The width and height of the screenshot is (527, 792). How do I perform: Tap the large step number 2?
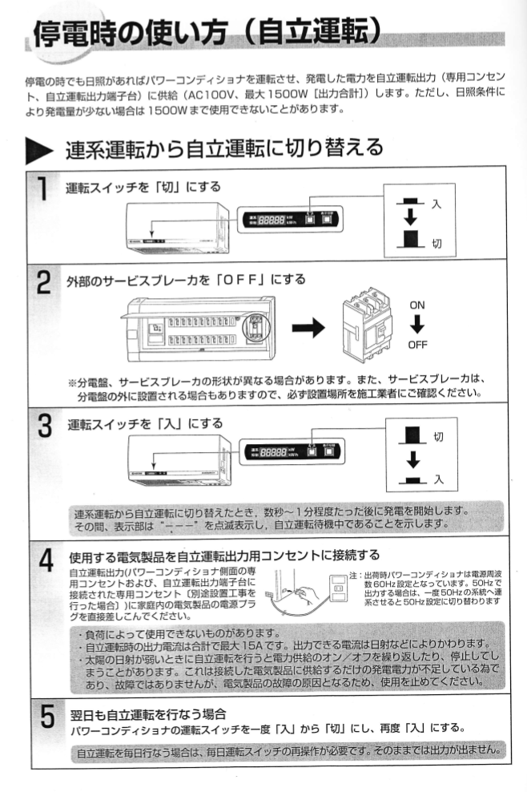point(44,282)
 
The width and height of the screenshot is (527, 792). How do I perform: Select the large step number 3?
point(45,426)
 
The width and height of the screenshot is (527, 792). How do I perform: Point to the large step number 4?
point(46,560)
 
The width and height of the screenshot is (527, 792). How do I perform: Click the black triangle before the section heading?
point(39,152)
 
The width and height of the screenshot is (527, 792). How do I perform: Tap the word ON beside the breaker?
point(417,305)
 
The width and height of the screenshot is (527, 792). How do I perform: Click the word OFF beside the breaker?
point(417,345)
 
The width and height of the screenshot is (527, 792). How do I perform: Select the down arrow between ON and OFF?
point(417,325)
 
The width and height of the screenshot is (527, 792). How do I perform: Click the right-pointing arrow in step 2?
point(308,328)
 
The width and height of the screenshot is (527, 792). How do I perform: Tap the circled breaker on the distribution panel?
point(256,327)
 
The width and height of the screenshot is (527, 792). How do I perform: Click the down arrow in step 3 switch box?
point(413,459)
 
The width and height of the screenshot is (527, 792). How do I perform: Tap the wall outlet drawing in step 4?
point(339,588)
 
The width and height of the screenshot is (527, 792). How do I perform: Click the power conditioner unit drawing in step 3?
point(179,460)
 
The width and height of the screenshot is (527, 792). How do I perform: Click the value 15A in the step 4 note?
point(252,645)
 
